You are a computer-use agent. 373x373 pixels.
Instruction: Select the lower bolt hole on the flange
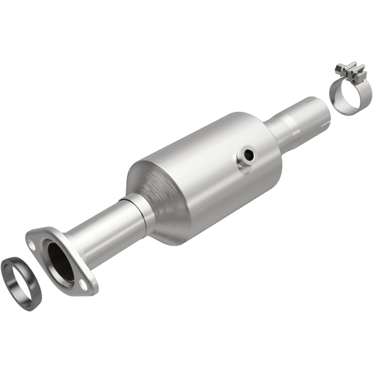coord(84,284)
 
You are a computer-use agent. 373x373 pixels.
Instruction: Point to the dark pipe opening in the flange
coord(61,261)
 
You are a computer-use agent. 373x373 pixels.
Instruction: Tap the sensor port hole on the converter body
coord(246,155)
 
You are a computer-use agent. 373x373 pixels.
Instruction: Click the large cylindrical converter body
coord(213,171)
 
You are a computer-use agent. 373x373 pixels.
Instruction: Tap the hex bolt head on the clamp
coord(339,68)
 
